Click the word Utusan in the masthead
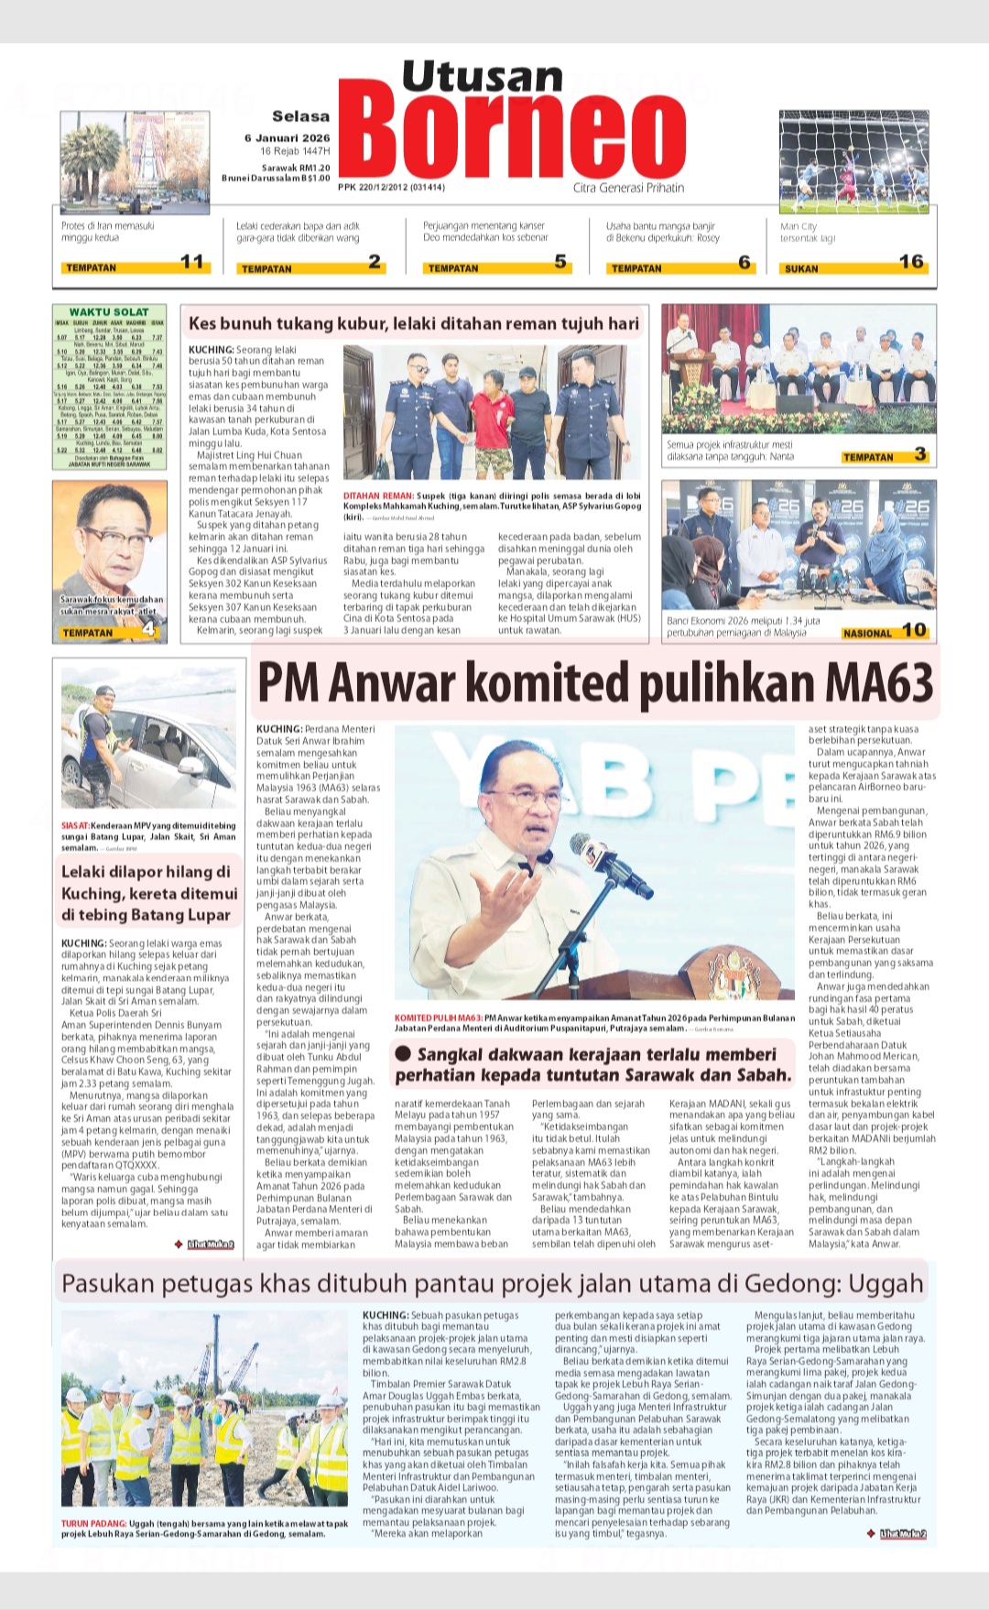(482, 77)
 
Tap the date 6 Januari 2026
(287, 138)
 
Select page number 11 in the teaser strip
(192, 263)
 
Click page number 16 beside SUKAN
(910, 263)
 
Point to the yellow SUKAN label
(801, 268)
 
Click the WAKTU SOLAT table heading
(109, 312)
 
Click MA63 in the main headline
(879, 683)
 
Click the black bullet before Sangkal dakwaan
(403, 1054)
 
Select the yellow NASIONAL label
(866, 633)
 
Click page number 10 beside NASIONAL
(914, 630)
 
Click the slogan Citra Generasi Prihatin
(628, 188)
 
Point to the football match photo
(853, 161)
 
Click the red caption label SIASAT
(74, 825)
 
